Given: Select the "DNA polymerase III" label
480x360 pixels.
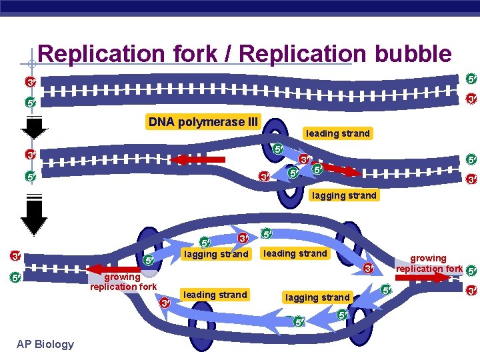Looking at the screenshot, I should click(203, 122).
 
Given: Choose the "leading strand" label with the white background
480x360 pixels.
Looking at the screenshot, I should click(337, 133).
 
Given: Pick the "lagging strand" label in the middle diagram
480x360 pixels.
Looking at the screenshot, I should click(345, 195).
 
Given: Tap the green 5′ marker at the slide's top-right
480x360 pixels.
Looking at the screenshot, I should click(471, 79).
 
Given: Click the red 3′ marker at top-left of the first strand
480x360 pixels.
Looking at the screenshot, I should click(30, 83).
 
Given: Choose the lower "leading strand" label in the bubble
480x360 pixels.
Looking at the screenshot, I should click(215, 295).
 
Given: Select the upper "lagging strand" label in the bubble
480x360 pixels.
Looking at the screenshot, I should click(215, 254).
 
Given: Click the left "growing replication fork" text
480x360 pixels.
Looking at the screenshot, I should click(123, 282).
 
